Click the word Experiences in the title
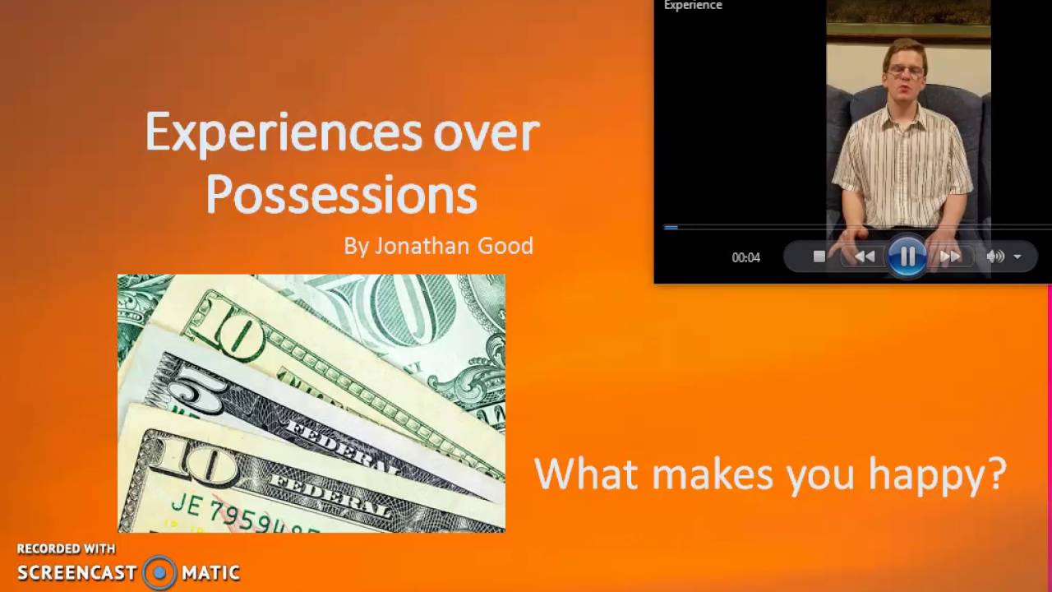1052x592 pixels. point(283,133)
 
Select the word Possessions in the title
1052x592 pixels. point(341,195)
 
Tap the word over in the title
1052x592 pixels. point(487,133)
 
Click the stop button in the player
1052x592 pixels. point(819,257)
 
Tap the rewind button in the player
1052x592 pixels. point(864,257)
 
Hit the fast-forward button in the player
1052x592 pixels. point(950,257)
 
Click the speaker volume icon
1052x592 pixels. point(994,257)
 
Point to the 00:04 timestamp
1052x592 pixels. point(745,257)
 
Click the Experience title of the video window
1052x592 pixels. point(693,6)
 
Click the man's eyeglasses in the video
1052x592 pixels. point(906,71)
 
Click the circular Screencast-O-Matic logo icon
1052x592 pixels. point(159,572)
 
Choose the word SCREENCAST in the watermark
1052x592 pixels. point(77,572)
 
